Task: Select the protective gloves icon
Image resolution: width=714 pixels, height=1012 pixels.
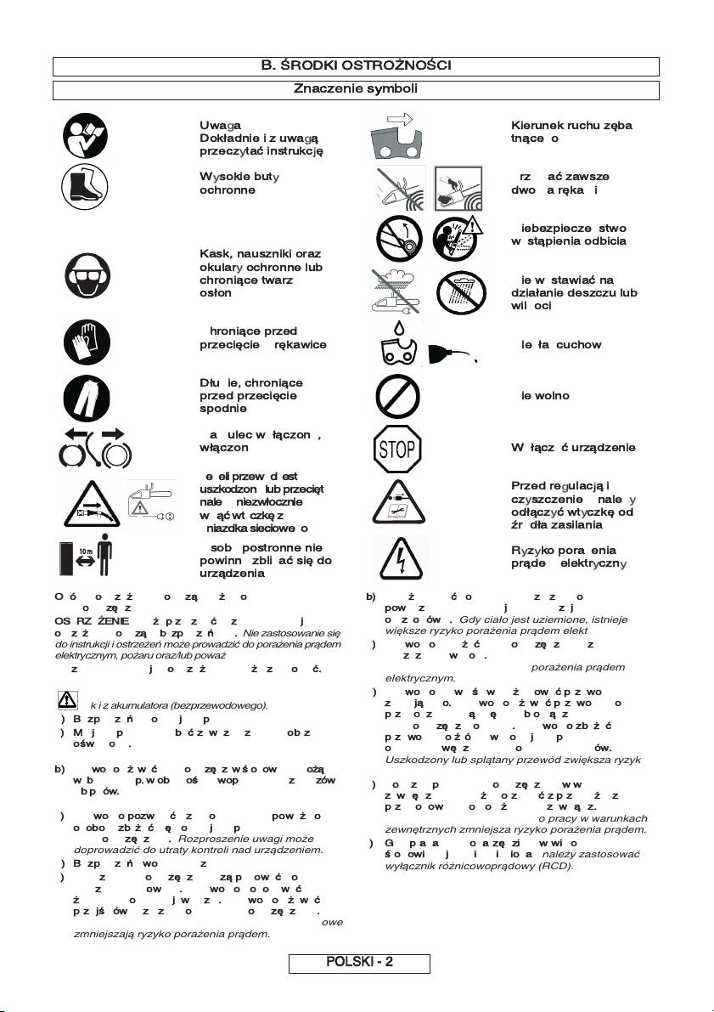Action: (x=86, y=342)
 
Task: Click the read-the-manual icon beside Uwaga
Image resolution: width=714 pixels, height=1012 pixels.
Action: (x=86, y=136)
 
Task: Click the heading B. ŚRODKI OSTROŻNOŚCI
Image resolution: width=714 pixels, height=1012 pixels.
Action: (x=356, y=65)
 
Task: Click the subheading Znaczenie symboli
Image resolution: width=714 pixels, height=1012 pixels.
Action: (x=356, y=88)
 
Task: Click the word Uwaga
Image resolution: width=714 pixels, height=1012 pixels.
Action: (x=217, y=125)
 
